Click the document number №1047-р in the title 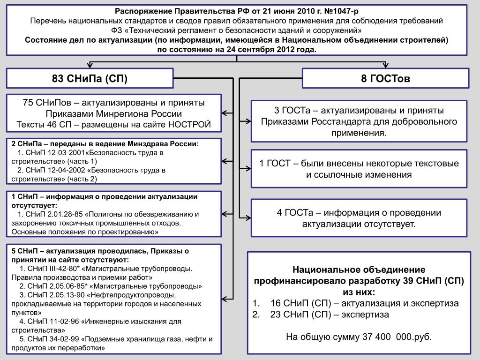point(341,11)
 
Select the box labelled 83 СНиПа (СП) point(90,78)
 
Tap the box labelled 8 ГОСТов point(385,78)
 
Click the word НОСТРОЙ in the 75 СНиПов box point(190,125)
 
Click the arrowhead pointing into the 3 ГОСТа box point(248,121)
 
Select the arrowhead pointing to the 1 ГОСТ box point(248,168)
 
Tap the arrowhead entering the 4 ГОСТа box point(248,218)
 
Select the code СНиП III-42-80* point(54,269)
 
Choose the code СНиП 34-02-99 point(53,339)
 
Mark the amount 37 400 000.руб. point(397,337)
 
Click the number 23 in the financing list point(276,315)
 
